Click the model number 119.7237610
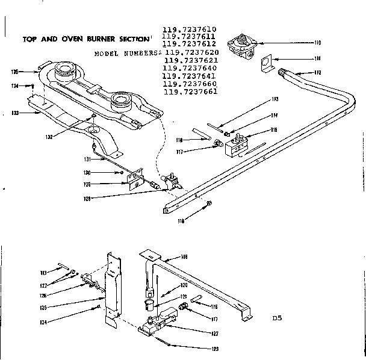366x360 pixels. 190,29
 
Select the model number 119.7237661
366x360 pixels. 190,92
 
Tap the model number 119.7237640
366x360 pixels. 190,68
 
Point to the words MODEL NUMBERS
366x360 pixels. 127,53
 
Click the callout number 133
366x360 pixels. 15,113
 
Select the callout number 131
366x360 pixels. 87,160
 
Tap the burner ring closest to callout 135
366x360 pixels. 64,75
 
